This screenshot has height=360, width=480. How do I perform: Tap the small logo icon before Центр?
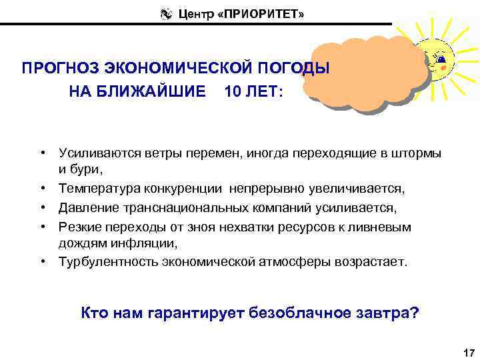click(x=166, y=13)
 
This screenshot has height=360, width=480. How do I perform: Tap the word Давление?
click(x=87, y=208)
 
